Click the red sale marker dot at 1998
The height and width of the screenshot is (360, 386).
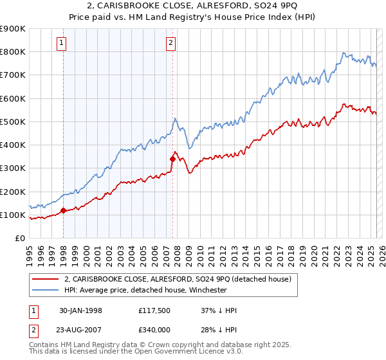64,210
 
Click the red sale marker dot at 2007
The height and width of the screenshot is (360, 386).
172,158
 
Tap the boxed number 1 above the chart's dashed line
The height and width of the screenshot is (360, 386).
62,44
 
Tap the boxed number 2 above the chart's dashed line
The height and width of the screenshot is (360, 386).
170,44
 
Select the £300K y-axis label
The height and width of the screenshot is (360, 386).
13,168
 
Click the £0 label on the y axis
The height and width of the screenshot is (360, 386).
19,239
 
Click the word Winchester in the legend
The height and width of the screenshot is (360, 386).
205,290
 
